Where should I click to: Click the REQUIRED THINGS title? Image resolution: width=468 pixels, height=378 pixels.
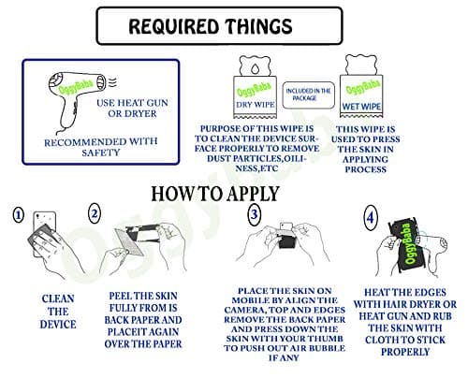(x=211, y=26)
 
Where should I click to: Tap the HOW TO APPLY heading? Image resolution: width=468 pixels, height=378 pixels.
(x=215, y=194)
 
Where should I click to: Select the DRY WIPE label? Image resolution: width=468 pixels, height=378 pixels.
(x=256, y=105)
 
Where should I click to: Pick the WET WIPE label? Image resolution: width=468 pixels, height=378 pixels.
(x=361, y=107)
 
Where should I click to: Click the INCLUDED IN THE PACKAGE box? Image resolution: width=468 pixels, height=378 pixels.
(x=308, y=94)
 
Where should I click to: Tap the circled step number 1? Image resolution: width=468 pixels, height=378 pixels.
(x=18, y=215)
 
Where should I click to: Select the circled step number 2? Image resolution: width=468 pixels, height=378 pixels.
(x=95, y=213)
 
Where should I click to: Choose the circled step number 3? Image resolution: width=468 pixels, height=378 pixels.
(x=255, y=214)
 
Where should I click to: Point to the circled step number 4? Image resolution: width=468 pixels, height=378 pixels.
(x=371, y=217)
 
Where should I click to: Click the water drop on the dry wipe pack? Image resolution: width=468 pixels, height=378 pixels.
(x=255, y=68)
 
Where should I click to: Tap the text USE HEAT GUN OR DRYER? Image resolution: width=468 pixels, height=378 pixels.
(x=132, y=109)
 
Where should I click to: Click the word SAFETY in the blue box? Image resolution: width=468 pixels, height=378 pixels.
(x=101, y=153)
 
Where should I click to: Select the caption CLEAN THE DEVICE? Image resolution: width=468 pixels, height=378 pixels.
(x=58, y=312)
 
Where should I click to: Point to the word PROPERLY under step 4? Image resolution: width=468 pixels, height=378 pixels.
(x=405, y=352)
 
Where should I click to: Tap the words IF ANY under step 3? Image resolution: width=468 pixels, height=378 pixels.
(x=284, y=357)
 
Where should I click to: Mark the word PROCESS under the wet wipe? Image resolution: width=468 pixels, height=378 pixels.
(x=366, y=169)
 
